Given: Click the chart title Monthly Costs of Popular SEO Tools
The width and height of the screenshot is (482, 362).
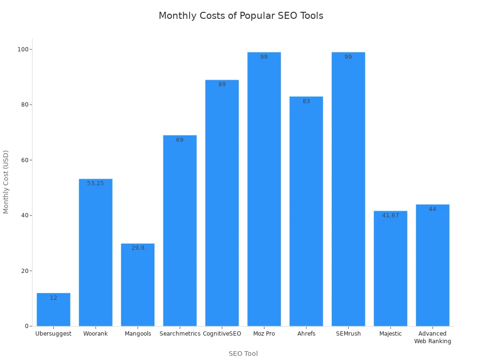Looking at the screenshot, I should (x=241, y=16).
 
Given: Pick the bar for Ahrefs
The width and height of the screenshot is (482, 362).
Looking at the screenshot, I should (x=306, y=212).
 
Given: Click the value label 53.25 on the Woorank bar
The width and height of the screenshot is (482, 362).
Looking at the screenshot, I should (x=95, y=183).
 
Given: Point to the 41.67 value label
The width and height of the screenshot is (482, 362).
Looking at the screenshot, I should (x=390, y=215).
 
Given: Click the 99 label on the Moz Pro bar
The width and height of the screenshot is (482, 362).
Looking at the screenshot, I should (x=264, y=57).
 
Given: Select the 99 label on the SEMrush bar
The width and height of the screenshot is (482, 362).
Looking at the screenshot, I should (x=348, y=57).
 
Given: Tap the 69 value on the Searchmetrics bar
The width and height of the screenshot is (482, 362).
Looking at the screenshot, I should (x=179, y=140).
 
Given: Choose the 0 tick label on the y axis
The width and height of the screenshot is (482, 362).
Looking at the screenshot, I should (x=27, y=326).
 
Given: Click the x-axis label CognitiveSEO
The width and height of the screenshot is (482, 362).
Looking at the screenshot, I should (x=222, y=334).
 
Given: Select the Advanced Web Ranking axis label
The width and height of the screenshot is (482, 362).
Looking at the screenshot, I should (x=432, y=337).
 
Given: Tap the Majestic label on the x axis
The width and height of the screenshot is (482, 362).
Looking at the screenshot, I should (x=390, y=334).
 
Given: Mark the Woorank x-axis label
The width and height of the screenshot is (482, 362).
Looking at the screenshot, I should (x=95, y=334).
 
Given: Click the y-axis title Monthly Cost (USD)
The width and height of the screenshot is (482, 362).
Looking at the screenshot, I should (x=6, y=182).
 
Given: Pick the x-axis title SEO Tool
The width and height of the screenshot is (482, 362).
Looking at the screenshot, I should (x=243, y=354).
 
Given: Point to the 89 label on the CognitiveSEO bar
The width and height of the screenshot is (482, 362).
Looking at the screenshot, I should (x=222, y=84).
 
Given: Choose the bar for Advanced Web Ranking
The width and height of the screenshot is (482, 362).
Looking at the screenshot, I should (x=432, y=266).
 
